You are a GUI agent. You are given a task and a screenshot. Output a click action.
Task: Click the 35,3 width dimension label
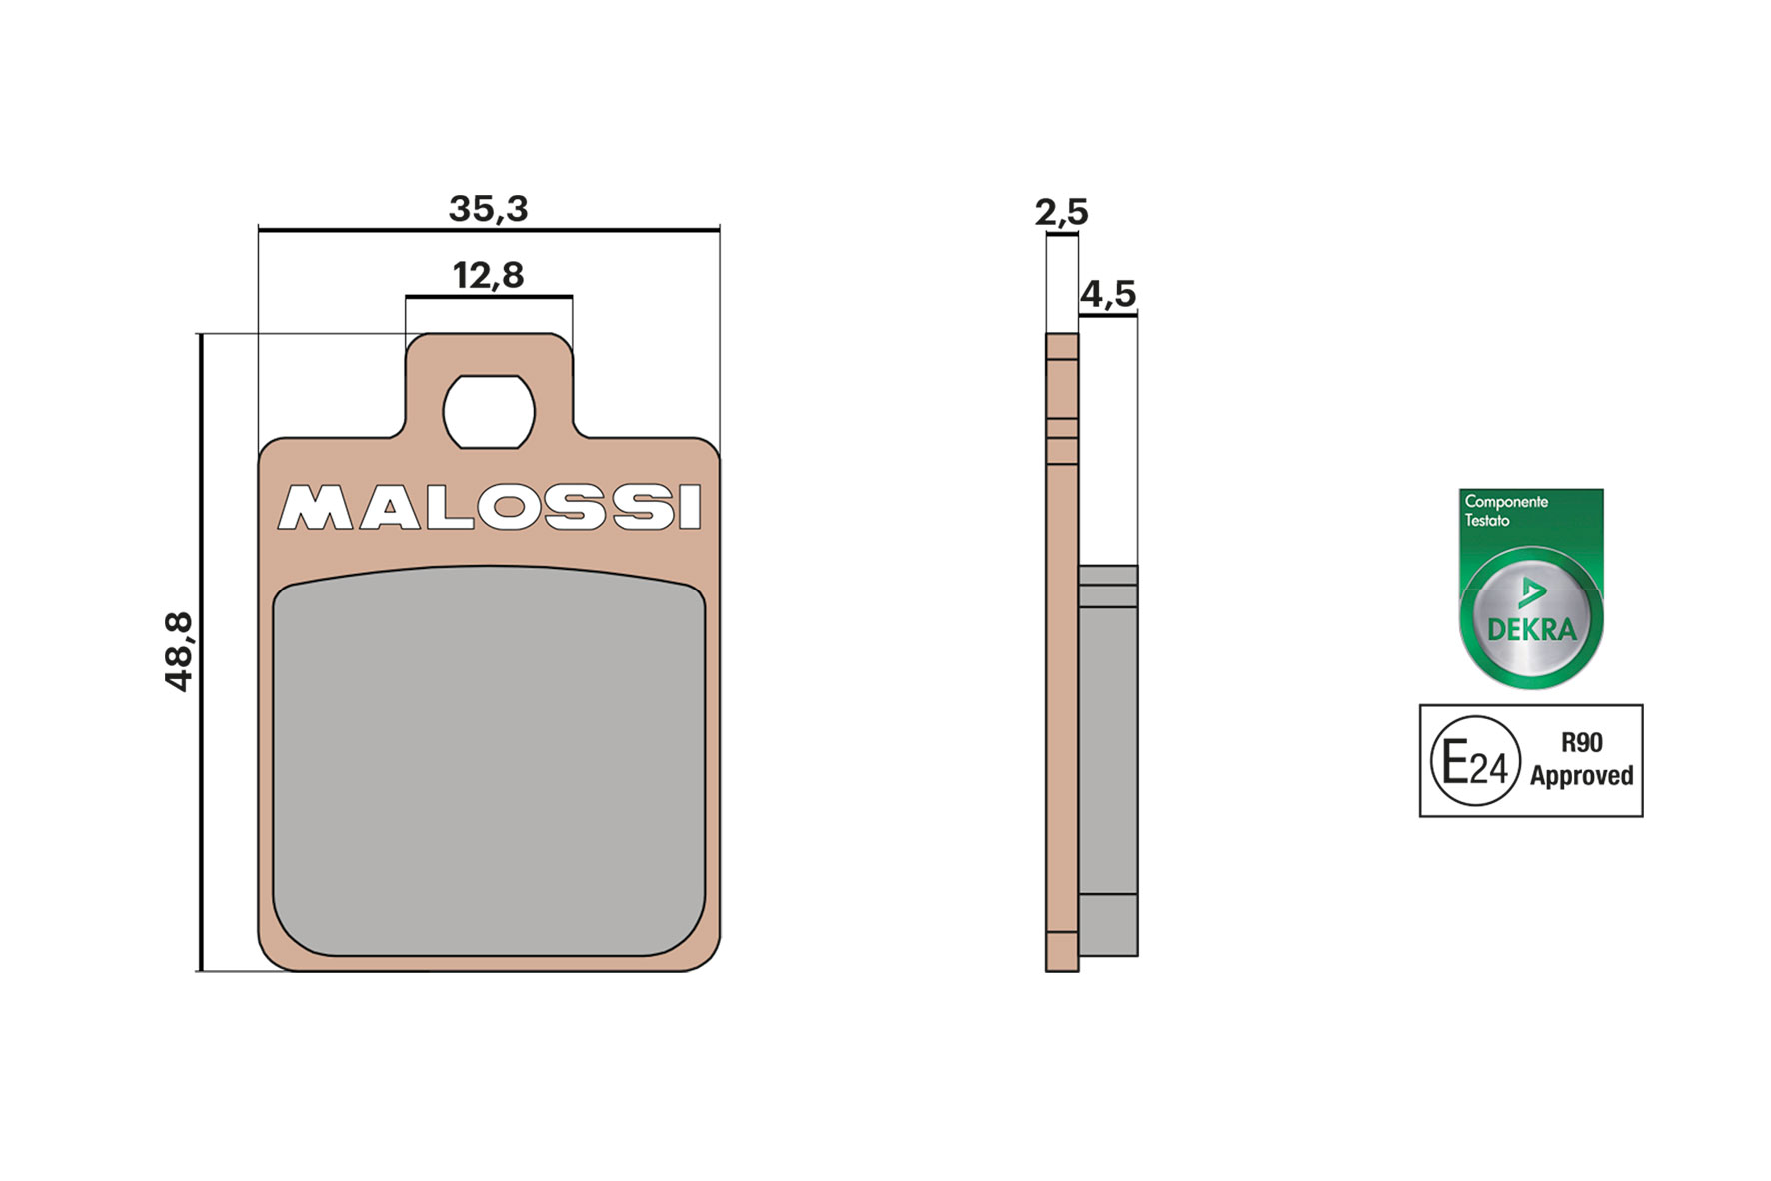(x=488, y=209)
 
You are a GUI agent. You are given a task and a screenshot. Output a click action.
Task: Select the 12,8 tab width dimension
(x=488, y=275)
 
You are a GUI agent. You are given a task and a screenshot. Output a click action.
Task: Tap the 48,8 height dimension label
(x=179, y=651)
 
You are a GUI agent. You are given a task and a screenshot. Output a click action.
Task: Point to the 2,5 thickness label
(x=1061, y=212)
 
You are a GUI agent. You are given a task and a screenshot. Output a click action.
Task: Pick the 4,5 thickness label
(x=1108, y=294)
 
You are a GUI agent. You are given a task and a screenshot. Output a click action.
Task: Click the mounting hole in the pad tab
(x=489, y=412)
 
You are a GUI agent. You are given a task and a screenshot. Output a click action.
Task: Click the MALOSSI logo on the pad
(x=490, y=507)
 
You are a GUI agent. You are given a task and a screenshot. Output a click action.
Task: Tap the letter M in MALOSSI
(x=315, y=508)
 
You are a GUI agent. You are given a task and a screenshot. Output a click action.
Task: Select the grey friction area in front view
(x=489, y=759)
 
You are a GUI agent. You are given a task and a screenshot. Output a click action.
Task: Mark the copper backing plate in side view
(x=1062, y=699)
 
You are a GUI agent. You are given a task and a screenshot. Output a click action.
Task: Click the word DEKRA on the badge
(x=1531, y=630)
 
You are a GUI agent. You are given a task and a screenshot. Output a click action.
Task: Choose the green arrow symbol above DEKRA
(x=1531, y=592)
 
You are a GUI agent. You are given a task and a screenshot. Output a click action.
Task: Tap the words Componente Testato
(x=1505, y=511)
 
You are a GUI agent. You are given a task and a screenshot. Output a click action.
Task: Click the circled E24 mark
(x=1475, y=761)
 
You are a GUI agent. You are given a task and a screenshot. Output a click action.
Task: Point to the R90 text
(x=1581, y=742)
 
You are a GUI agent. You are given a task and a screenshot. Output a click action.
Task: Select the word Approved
(x=1581, y=776)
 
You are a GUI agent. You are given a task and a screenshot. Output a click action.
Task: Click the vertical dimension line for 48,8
(x=201, y=651)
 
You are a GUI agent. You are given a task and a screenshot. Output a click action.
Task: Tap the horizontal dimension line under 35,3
(x=488, y=230)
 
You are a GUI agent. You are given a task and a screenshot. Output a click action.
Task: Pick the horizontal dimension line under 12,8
(x=489, y=296)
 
